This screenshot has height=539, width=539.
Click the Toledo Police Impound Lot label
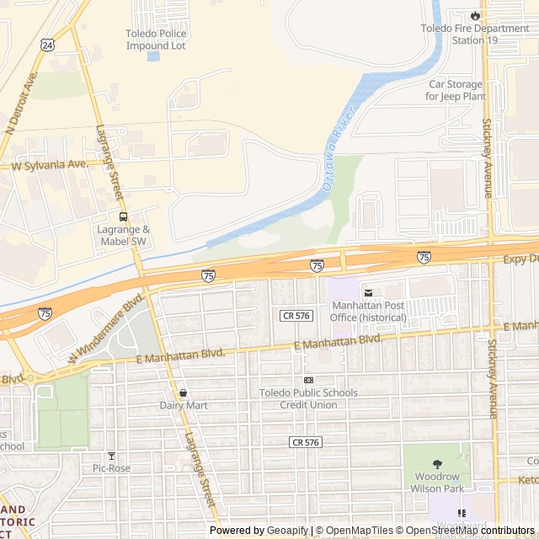tap(156, 40)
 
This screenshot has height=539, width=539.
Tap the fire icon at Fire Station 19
tap(476, 14)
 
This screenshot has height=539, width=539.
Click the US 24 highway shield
tap(47, 44)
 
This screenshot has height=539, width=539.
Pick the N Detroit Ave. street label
tap(22, 101)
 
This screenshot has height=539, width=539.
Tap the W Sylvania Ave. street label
tap(50, 165)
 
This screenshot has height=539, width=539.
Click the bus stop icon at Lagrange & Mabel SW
tap(124, 216)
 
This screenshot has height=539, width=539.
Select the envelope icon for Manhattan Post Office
tap(367, 292)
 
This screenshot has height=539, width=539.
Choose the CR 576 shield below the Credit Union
tap(306, 441)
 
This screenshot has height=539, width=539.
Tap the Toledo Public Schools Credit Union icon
tap(308, 380)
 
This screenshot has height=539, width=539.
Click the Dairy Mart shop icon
tap(183, 392)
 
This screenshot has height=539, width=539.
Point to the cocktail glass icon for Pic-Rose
tap(110, 456)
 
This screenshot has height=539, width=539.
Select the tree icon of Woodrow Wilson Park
tap(437, 464)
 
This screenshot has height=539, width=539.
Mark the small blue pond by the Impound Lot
tap(152, 56)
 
